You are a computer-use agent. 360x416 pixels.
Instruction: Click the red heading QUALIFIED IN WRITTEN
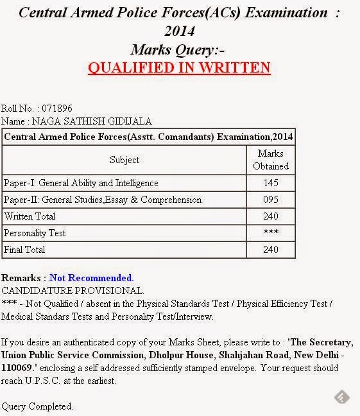[179, 67]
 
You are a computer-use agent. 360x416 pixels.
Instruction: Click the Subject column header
[124, 160]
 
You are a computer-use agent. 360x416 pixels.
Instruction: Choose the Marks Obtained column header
[271, 160]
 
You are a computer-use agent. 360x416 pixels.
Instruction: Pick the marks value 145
[271, 184]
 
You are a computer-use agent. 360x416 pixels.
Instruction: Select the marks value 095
[271, 200]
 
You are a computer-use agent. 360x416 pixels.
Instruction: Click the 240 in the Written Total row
[271, 217]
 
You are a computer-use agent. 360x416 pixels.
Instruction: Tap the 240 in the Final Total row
[271, 250]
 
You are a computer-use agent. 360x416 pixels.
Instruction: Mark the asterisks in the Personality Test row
[271, 233]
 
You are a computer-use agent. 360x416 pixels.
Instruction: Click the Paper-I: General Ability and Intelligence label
[80, 184]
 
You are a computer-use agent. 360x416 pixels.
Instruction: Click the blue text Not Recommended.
[92, 278]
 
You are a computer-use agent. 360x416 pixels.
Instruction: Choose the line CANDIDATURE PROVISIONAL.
[73, 291]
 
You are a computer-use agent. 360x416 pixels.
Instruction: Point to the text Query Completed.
[37, 406]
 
